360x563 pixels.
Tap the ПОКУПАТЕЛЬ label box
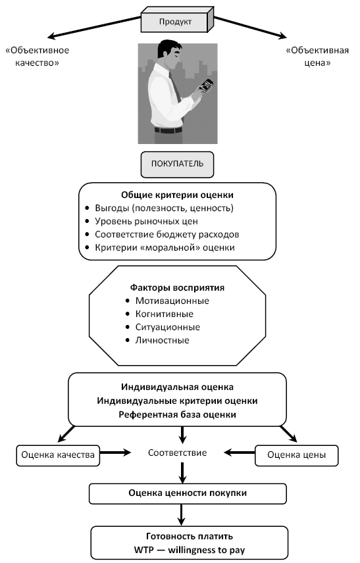pos(177,164)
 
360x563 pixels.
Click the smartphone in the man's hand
pos(207,85)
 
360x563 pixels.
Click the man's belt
pos(168,130)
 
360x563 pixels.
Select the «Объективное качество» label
pos(37,57)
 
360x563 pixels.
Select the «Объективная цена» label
pos(317,57)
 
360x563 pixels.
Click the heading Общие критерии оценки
pos(177,195)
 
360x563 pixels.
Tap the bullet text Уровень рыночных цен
pos(146,221)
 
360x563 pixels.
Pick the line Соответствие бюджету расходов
pos(167,234)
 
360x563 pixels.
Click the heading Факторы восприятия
pos(177,287)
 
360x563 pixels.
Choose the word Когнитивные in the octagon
pos(164,314)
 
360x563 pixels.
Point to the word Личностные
pos(162,340)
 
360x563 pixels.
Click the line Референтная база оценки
pos(177,415)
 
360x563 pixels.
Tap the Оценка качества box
pos(58,455)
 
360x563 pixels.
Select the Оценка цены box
pos(296,455)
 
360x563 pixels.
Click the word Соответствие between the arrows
pos(177,453)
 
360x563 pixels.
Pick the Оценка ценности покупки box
pos(188,493)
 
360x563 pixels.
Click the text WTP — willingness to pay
pos(190,550)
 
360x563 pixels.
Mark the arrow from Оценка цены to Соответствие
pos(240,453)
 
